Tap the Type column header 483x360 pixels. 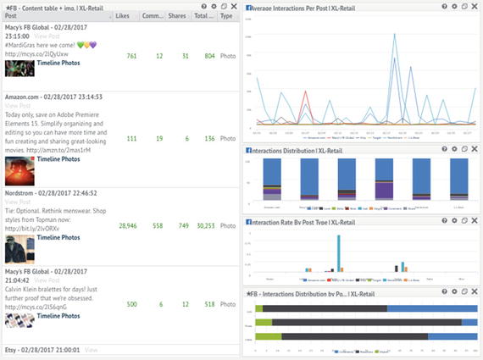coord(226,15)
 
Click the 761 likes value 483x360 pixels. coord(131,56)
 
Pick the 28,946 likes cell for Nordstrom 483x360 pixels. coord(128,226)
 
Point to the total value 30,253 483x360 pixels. coord(203,226)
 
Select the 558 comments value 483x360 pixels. coord(158,226)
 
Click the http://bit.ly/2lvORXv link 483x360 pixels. coord(34,229)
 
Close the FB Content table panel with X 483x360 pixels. coord(235,6)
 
